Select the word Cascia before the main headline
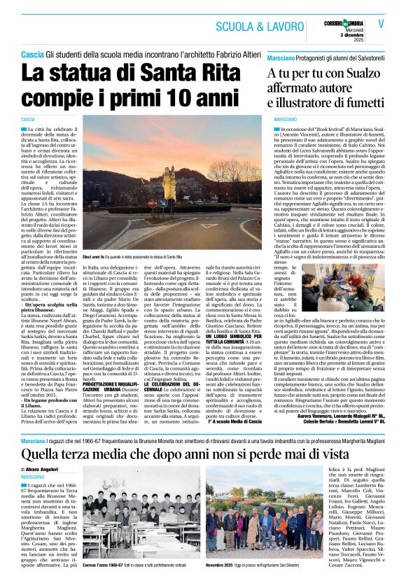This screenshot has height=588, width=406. [x=32, y=55]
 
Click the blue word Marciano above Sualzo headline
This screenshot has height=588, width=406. [x=281, y=55]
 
